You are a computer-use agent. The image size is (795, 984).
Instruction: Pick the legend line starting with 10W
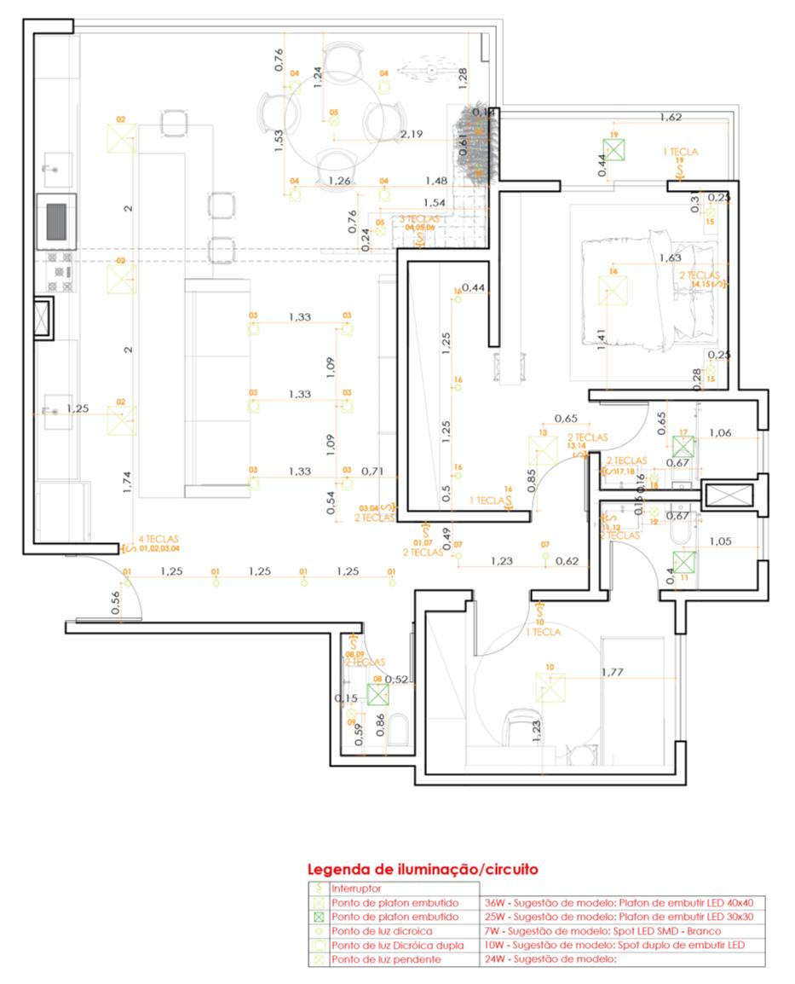click(612, 946)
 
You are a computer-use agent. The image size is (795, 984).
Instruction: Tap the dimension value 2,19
click(412, 134)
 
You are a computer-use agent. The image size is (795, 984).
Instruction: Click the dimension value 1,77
click(613, 673)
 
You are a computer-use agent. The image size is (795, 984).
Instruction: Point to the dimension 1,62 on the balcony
click(671, 117)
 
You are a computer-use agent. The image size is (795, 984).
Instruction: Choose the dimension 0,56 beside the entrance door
click(114, 601)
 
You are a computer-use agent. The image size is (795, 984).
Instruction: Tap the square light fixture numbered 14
click(613, 289)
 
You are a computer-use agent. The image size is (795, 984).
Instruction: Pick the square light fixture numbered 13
click(541, 449)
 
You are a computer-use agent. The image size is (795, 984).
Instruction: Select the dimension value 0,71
click(371, 471)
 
